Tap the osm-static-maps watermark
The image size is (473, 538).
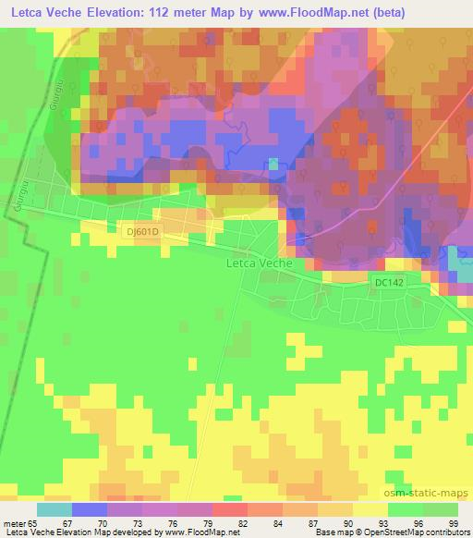click(x=433, y=494)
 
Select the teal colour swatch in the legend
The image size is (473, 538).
click(x=55, y=508)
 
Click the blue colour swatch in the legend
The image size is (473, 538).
click(x=90, y=508)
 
